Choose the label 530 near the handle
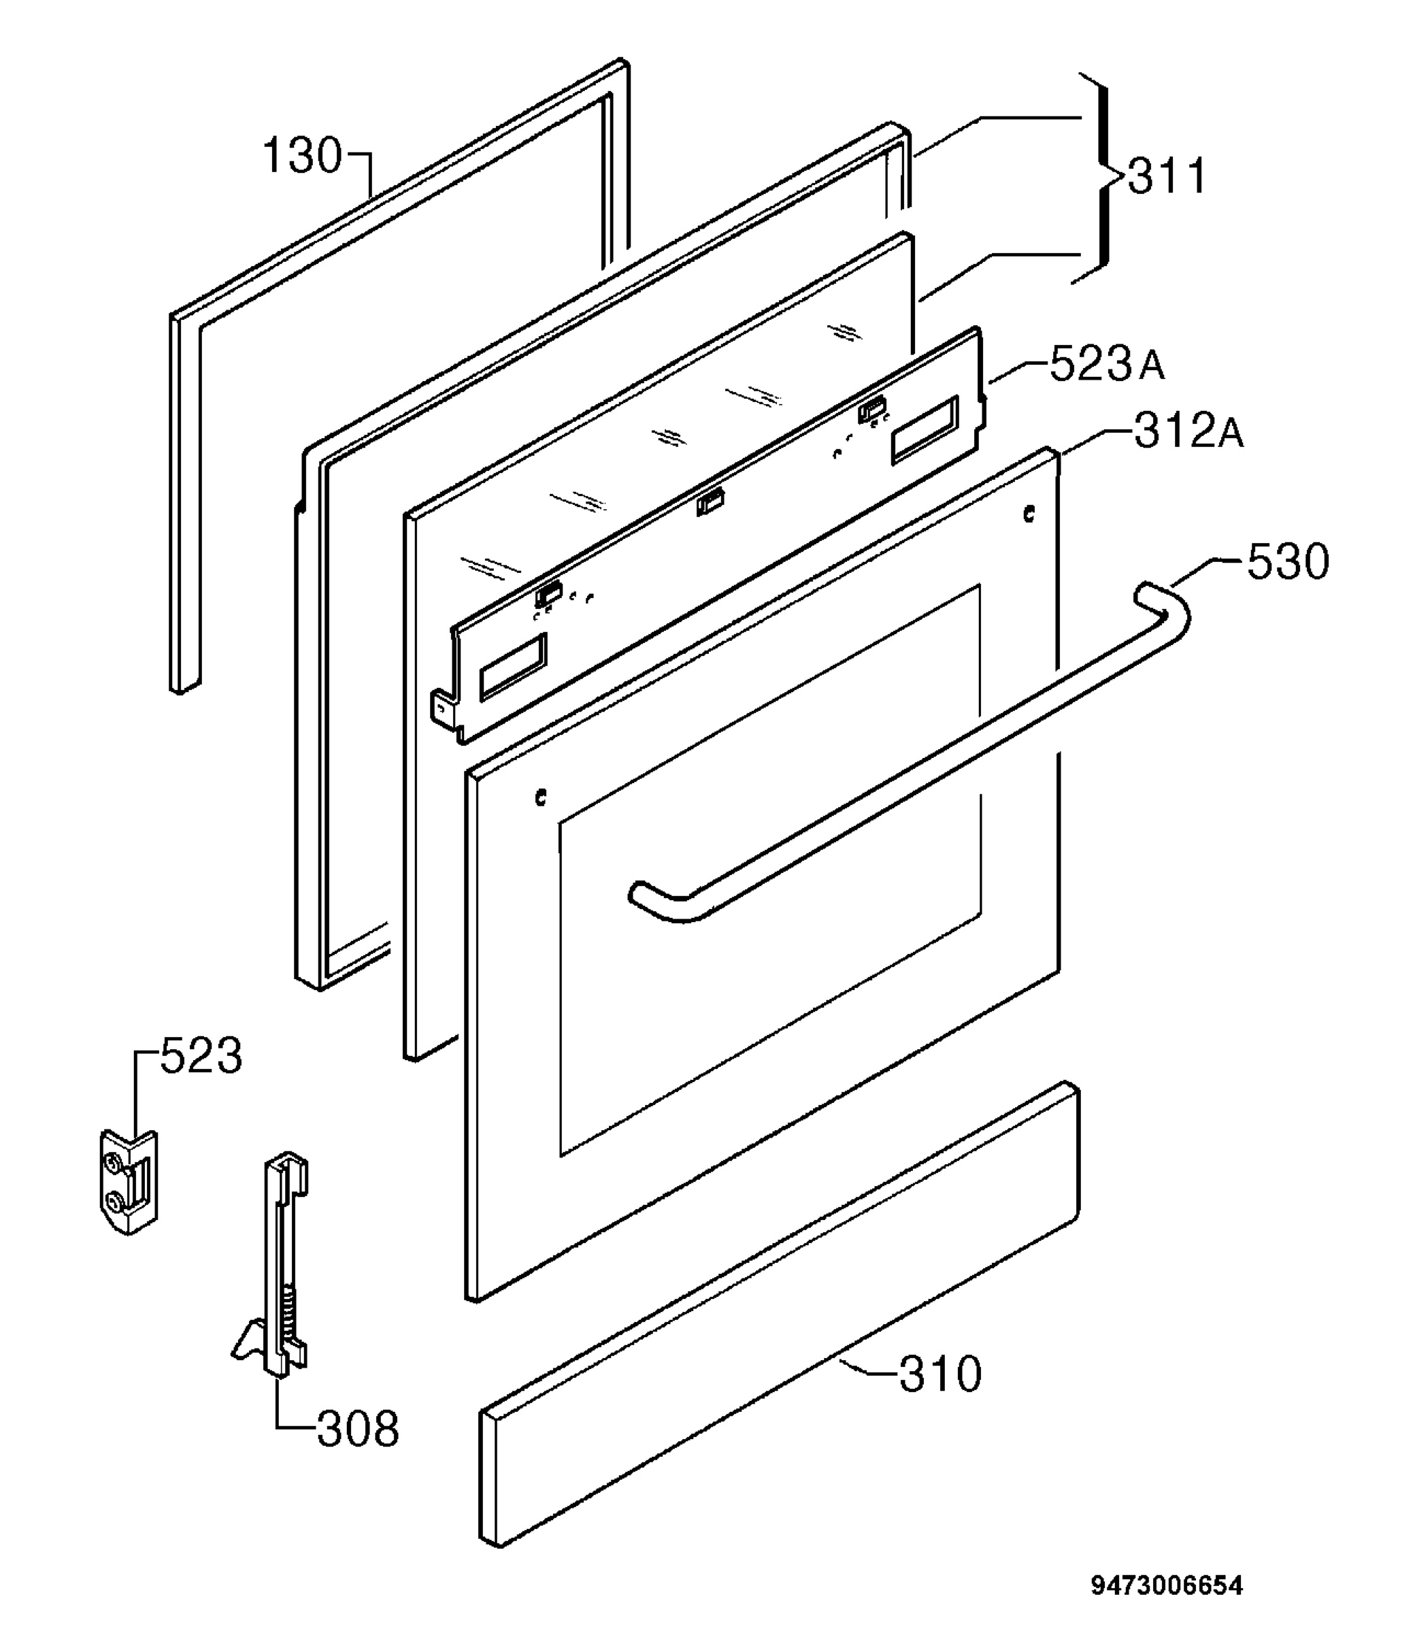click(1288, 562)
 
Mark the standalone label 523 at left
click(201, 1056)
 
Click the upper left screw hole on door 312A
click(540, 799)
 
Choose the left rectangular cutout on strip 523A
click(512, 665)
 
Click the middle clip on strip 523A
click(710, 501)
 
